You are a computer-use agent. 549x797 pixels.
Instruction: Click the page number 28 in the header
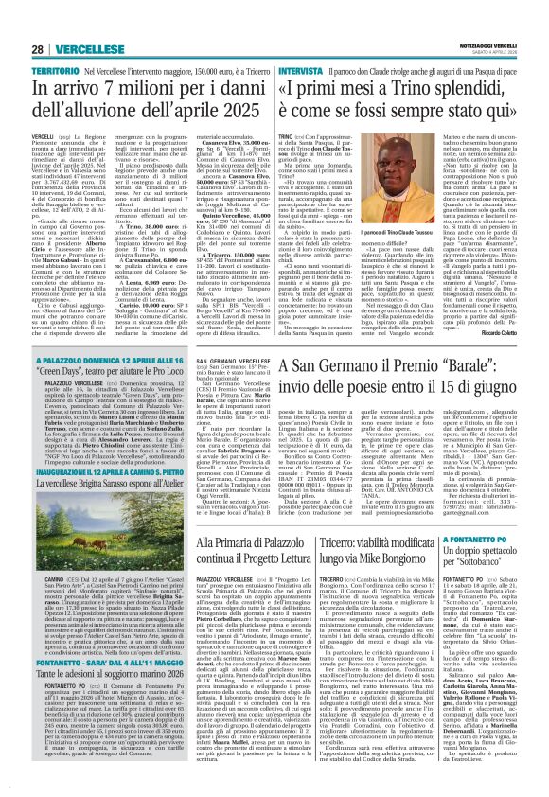(35, 48)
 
